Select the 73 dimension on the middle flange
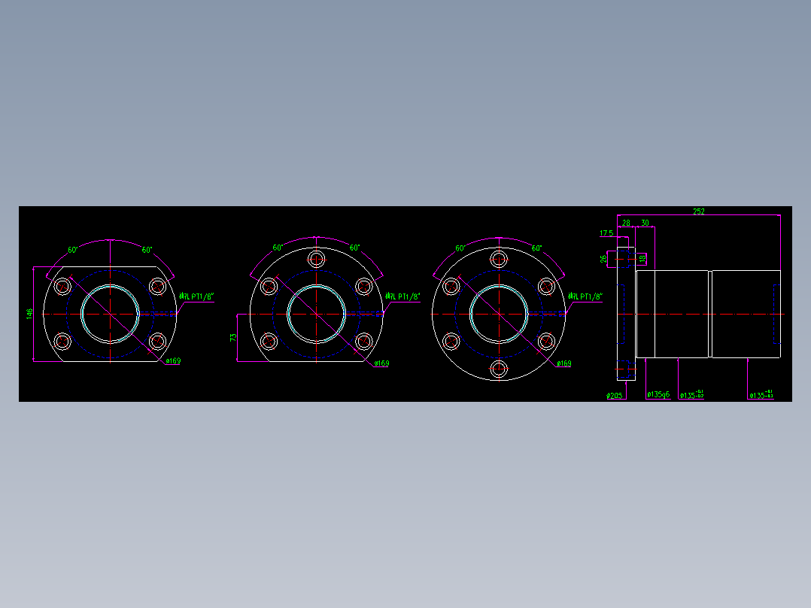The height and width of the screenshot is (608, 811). [233, 338]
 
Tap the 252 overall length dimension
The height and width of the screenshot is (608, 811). [698, 212]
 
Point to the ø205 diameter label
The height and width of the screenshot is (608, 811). [615, 395]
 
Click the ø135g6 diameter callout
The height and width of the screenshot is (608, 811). [658, 394]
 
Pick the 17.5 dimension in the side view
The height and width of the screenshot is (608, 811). [606, 233]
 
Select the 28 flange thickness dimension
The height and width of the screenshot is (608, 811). [625, 223]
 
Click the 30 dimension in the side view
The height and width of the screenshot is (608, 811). [645, 223]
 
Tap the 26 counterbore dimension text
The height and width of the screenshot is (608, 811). [604, 260]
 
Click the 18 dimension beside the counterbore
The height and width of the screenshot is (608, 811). [642, 259]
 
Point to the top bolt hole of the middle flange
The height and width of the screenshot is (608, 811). [317, 260]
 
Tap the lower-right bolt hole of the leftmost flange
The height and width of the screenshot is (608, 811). [157, 342]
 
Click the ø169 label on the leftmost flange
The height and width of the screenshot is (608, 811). [173, 361]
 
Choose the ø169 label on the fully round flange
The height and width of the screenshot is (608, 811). [563, 363]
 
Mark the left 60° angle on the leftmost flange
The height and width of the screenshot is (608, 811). [74, 249]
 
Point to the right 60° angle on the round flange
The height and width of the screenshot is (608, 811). [536, 248]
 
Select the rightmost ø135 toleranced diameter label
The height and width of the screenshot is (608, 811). [761, 394]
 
